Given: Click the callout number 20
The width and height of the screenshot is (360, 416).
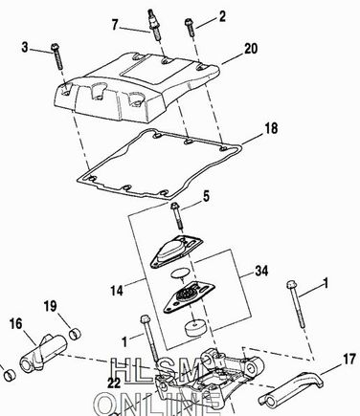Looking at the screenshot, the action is coord(251,49).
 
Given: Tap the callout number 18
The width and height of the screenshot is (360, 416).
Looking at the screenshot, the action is coord(271,128).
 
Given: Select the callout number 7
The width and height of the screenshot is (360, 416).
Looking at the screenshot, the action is coord(115,25).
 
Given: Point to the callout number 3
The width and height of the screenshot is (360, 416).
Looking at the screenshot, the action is coord(25,48).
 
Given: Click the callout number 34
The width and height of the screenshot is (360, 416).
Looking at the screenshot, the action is coord(261,272).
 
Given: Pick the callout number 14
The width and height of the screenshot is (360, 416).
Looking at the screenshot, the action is coord(117,291).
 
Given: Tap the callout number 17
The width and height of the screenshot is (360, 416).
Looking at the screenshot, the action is coord(349,360).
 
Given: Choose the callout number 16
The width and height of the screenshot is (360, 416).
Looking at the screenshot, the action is coord(16,324).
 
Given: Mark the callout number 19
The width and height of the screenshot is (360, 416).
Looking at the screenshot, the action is coord(50,306).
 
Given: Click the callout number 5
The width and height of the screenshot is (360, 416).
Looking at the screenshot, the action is coord(207,197).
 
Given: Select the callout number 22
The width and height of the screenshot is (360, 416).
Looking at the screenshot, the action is coord(114,383).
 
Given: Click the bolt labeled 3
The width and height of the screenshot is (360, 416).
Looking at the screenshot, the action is coord(57,56).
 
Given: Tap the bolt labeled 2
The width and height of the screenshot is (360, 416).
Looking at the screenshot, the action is coord(190,28).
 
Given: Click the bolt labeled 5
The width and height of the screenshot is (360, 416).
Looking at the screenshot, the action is coord(177,216).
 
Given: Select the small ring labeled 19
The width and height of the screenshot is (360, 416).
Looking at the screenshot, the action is coord(76,335).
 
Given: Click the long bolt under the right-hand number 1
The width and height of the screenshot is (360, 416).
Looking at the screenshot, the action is coord(296,304).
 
